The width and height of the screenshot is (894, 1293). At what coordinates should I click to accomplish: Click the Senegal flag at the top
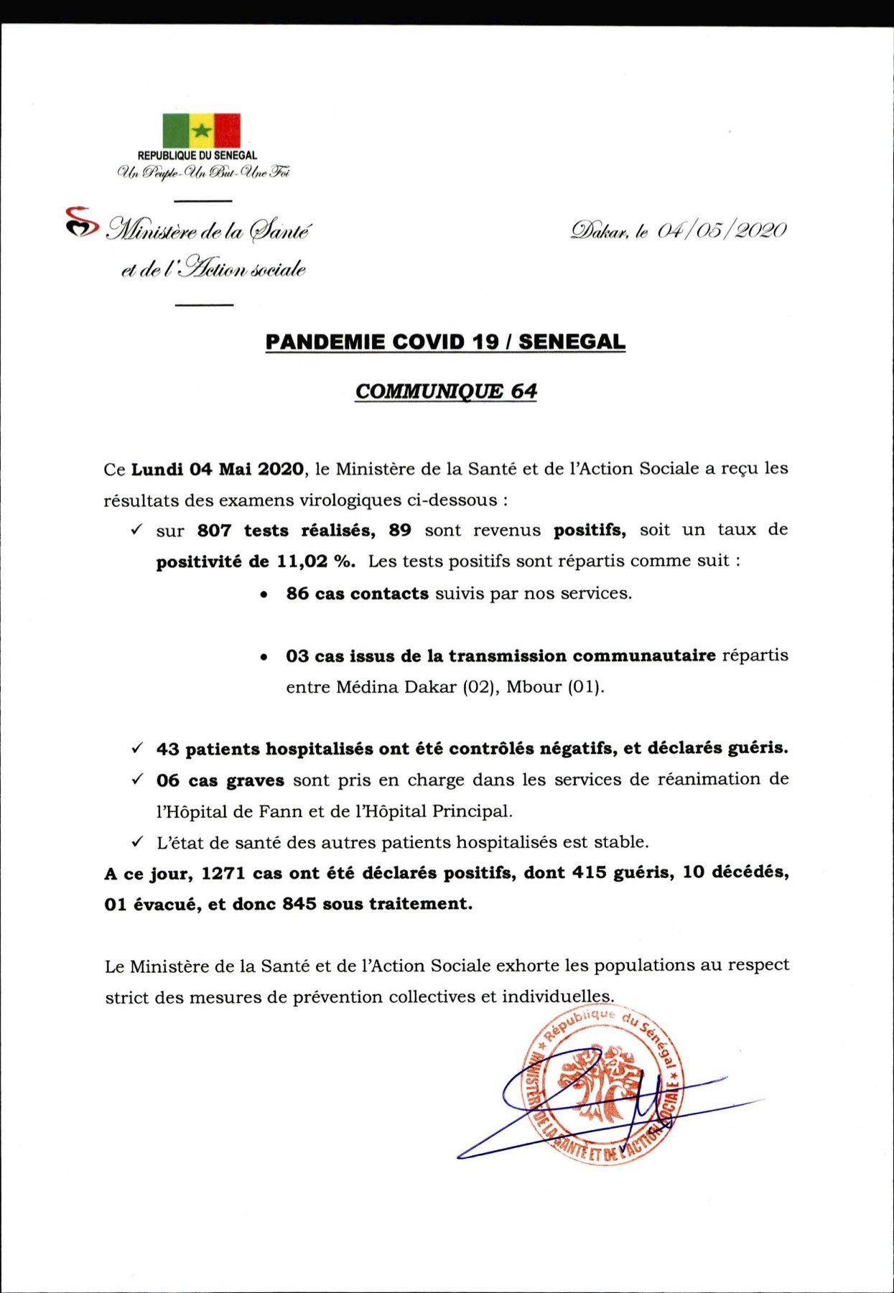(x=201, y=130)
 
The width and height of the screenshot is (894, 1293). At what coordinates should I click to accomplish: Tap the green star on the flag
(x=202, y=130)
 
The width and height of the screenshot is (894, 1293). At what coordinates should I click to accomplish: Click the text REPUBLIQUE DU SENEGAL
(x=197, y=155)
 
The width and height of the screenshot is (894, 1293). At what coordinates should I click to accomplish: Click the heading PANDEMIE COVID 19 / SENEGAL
(x=445, y=342)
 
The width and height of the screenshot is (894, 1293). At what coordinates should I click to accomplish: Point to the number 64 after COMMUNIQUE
(x=524, y=391)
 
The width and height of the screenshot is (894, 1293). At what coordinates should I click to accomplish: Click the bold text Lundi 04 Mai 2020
(x=218, y=470)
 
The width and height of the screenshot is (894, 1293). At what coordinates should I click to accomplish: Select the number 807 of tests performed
(x=214, y=531)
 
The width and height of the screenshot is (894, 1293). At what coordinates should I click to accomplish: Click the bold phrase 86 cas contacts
(x=357, y=594)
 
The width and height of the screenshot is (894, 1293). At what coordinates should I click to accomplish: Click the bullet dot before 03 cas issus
(x=265, y=657)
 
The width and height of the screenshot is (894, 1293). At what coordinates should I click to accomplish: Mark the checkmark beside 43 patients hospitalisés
(x=136, y=748)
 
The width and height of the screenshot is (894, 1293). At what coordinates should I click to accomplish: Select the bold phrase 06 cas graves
(x=220, y=780)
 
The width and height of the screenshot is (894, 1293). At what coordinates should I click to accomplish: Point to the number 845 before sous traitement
(x=299, y=905)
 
